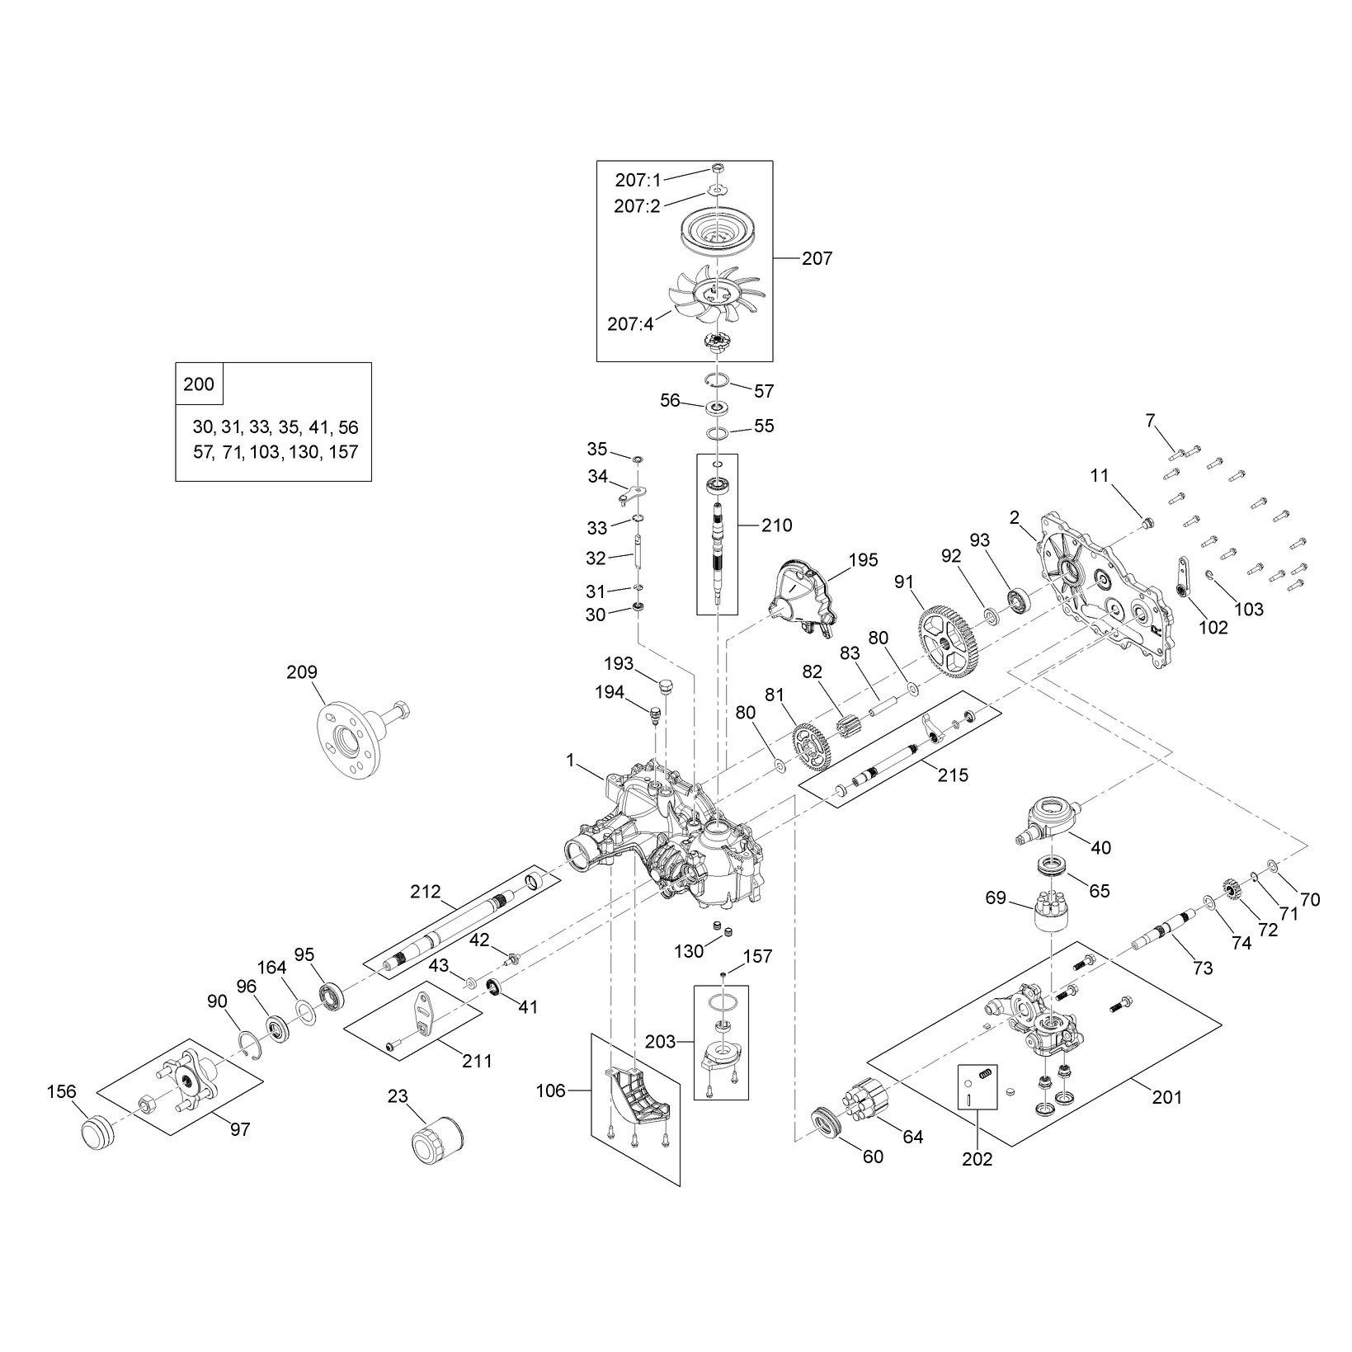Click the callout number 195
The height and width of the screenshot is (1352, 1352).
(863, 559)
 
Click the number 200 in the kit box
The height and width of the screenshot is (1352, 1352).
(198, 384)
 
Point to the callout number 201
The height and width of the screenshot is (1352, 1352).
(1166, 1097)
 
